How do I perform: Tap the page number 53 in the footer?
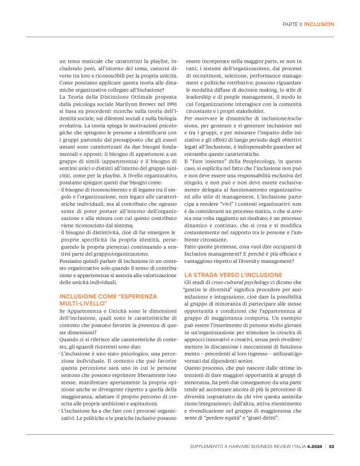click(x=332, y=445)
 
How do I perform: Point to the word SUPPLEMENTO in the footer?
click(x=208, y=445)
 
